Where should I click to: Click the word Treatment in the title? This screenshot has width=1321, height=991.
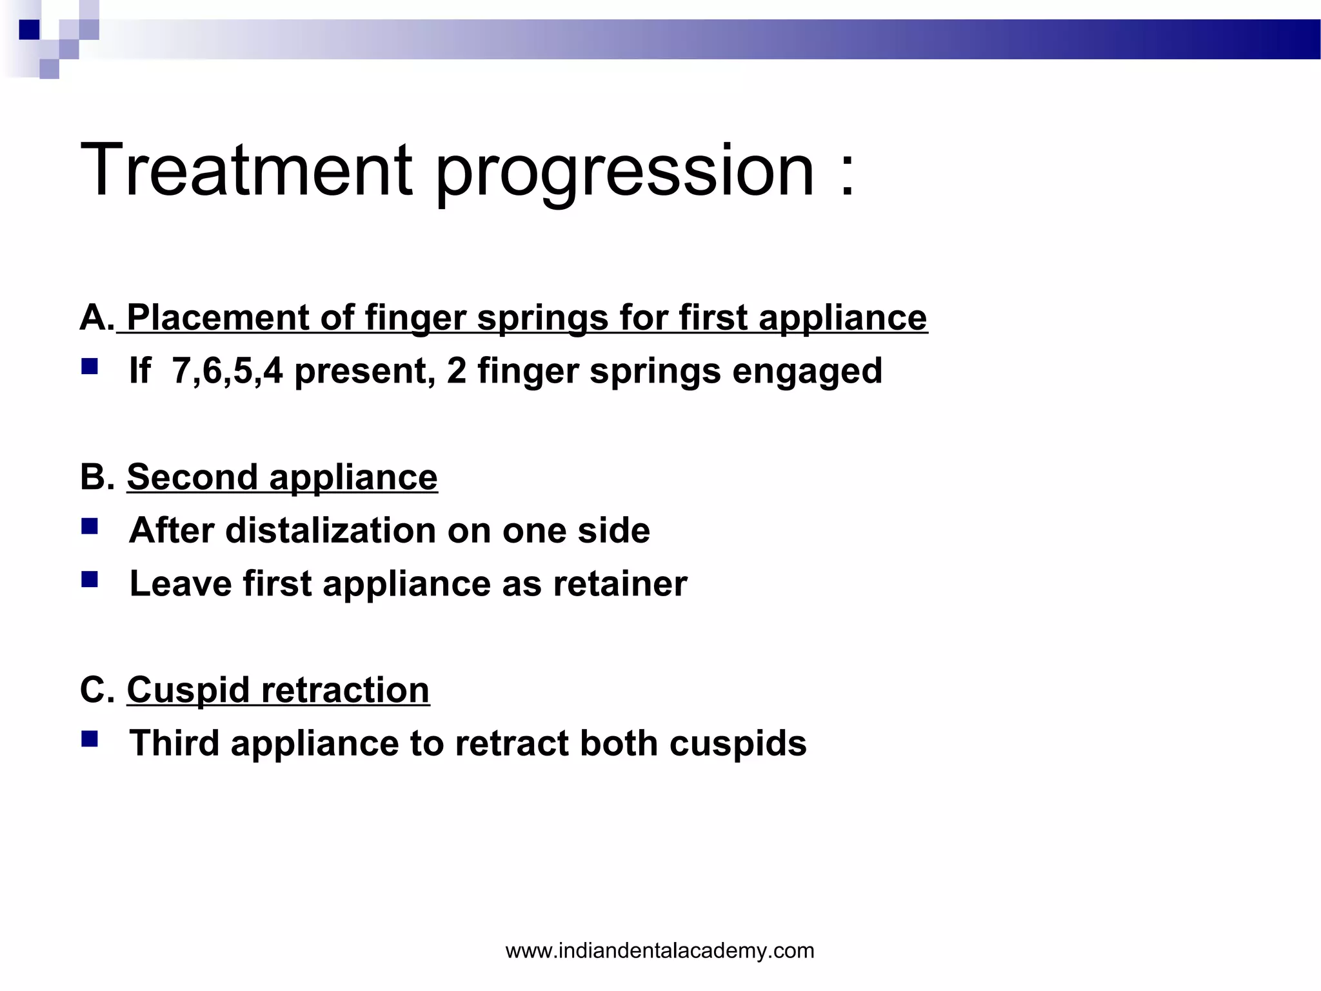pos(246,170)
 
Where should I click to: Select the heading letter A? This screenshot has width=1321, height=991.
pos(95,317)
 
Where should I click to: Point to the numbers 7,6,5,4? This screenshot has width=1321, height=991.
pos(227,372)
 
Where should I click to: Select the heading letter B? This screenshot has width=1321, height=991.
pos(95,477)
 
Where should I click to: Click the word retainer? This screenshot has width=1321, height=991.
pos(620,584)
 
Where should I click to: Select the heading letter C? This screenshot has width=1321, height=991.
pos(95,690)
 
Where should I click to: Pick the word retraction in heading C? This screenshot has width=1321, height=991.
pos(345,690)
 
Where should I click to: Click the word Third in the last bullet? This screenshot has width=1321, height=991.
pos(175,743)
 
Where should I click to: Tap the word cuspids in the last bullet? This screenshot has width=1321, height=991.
pos(738,743)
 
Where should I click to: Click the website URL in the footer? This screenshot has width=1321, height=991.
pos(660,950)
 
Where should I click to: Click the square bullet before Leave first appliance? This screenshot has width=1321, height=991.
pos(90,579)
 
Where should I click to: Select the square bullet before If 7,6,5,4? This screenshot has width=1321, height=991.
pos(90,367)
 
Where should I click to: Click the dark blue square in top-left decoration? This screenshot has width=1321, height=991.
pos(29,30)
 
